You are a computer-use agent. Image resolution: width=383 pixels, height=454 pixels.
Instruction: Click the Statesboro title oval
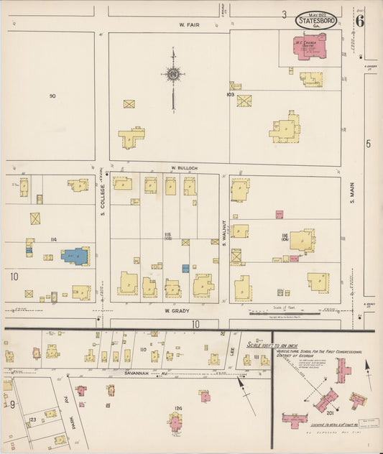(x=315, y=20)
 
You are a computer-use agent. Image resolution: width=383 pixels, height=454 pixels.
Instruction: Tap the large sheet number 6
(x=359, y=20)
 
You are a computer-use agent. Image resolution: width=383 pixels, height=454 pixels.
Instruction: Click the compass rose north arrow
(x=172, y=75)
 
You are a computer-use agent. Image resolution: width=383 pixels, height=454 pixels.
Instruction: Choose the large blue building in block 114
(x=75, y=256)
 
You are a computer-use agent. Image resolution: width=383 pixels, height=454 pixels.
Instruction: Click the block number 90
(x=52, y=96)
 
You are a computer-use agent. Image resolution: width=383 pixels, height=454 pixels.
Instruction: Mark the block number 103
(x=230, y=94)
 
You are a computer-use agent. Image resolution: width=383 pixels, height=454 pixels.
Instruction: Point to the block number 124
(x=177, y=408)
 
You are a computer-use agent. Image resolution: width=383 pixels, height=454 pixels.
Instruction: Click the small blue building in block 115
(x=185, y=268)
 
